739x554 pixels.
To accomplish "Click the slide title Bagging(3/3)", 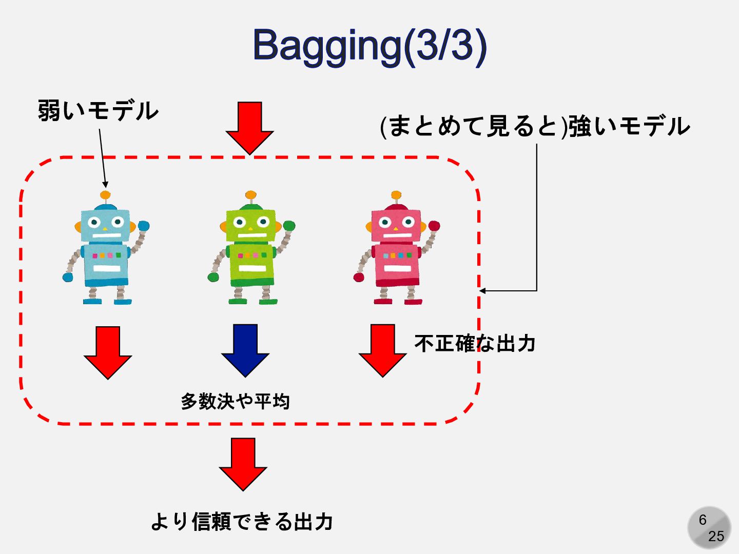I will (x=369, y=46).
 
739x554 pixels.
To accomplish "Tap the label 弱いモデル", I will (x=98, y=111).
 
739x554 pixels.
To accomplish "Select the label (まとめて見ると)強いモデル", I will (x=535, y=126).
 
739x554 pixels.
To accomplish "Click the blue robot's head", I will (x=106, y=225).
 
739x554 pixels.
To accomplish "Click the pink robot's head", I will (x=396, y=225).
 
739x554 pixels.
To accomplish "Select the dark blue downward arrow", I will (x=245, y=350).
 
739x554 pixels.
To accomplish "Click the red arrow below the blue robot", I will (x=108, y=352).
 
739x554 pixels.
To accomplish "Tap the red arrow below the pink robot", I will (x=383, y=350).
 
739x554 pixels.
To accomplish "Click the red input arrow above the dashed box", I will (x=250, y=127).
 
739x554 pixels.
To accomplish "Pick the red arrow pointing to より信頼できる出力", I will (x=243, y=463).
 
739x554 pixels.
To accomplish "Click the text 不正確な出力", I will (x=475, y=343).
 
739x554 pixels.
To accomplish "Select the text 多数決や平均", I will (x=236, y=401).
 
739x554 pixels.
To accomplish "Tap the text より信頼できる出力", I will (x=242, y=522).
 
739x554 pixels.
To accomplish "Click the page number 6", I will (x=703, y=520).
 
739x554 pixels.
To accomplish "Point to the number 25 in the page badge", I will (x=716, y=536).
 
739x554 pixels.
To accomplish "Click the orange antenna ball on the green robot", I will (x=251, y=195).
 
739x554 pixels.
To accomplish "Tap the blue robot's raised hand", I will (x=144, y=226).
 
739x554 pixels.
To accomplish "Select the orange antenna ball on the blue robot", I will (x=105, y=195).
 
